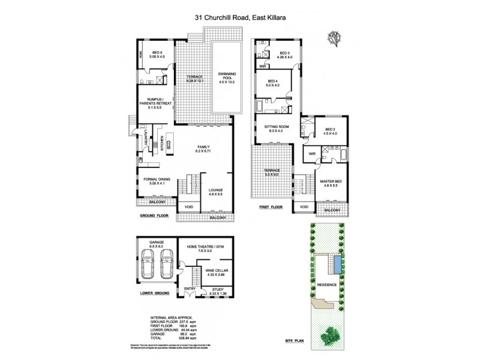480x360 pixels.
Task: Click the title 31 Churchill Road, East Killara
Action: point(239,18)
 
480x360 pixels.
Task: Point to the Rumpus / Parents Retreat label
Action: point(156,106)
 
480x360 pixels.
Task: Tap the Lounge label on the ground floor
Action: point(215,191)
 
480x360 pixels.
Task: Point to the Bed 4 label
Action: point(272,83)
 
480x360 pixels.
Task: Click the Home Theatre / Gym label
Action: point(208,248)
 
